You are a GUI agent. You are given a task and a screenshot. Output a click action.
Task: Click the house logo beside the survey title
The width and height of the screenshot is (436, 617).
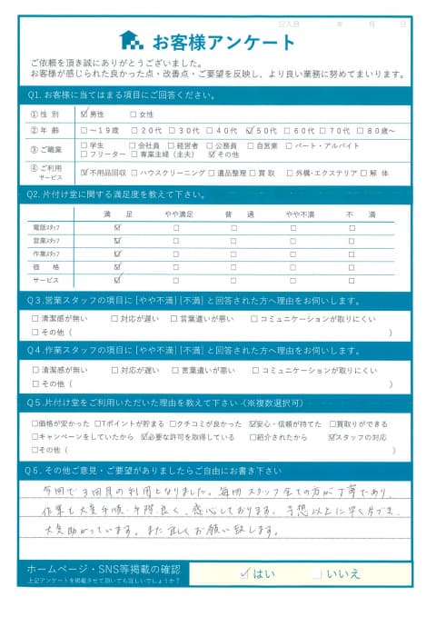[x=130, y=42]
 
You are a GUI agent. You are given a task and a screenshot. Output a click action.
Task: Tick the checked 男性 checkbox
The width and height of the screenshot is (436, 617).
[x=85, y=114]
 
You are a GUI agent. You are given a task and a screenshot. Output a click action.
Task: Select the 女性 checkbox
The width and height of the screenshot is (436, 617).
[x=134, y=114]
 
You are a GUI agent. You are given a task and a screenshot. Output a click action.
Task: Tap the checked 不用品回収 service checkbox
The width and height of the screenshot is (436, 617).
[x=85, y=172]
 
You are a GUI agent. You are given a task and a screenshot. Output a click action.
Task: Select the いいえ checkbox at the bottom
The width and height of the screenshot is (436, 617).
[x=315, y=573]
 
